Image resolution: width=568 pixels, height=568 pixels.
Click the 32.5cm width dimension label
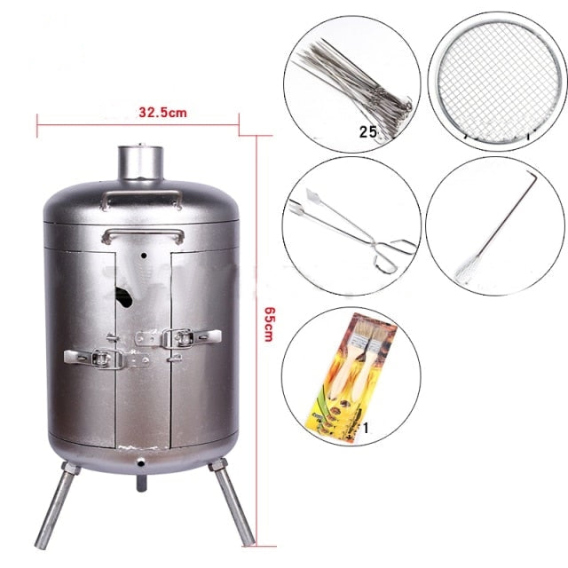(162, 113)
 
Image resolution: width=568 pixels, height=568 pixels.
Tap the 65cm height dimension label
(269, 324)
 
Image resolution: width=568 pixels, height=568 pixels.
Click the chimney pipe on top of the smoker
(141, 162)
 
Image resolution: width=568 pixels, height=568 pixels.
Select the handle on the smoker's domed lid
(142, 195)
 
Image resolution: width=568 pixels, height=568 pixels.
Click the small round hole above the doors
(144, 256)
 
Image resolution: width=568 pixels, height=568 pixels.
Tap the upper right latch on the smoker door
(178, 338)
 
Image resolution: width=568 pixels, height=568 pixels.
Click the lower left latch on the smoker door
(106, 359)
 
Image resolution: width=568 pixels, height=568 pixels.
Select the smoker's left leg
(56, 504)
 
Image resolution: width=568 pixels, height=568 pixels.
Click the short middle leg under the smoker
(142, 482)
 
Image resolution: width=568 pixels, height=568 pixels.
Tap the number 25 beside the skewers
(368, 131)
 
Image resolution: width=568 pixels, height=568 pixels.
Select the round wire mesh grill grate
(497, 81)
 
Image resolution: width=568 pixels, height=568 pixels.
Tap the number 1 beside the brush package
(366, 428)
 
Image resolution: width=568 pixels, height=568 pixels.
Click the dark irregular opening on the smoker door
(124, 296)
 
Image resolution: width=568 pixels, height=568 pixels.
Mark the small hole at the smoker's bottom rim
(140, 461)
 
